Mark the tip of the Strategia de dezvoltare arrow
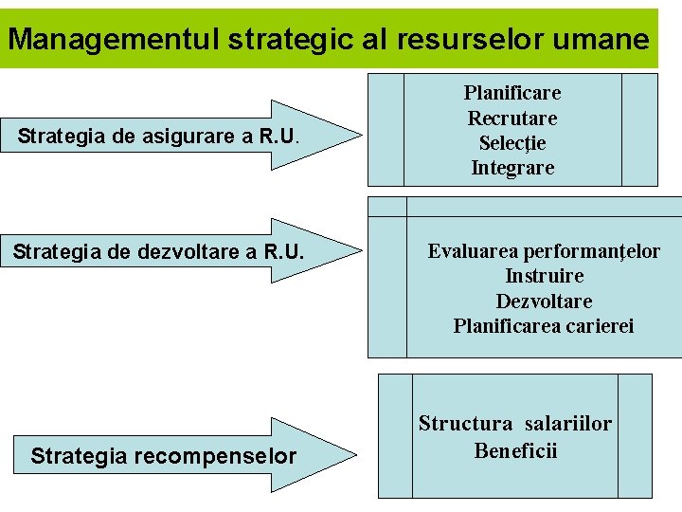click(x=361, y=252)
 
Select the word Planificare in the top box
click(x=512, y=93)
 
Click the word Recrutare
click(x=512, y=119)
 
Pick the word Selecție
click(x=512, y=143)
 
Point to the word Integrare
click(x=512, y=169)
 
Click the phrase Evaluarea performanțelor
click(x=544, y=251)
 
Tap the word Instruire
click(x=544, y=276)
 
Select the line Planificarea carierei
click(x=544, y=326)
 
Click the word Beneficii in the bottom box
click(x=515, y=449)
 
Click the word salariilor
click(x=568, y=424)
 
